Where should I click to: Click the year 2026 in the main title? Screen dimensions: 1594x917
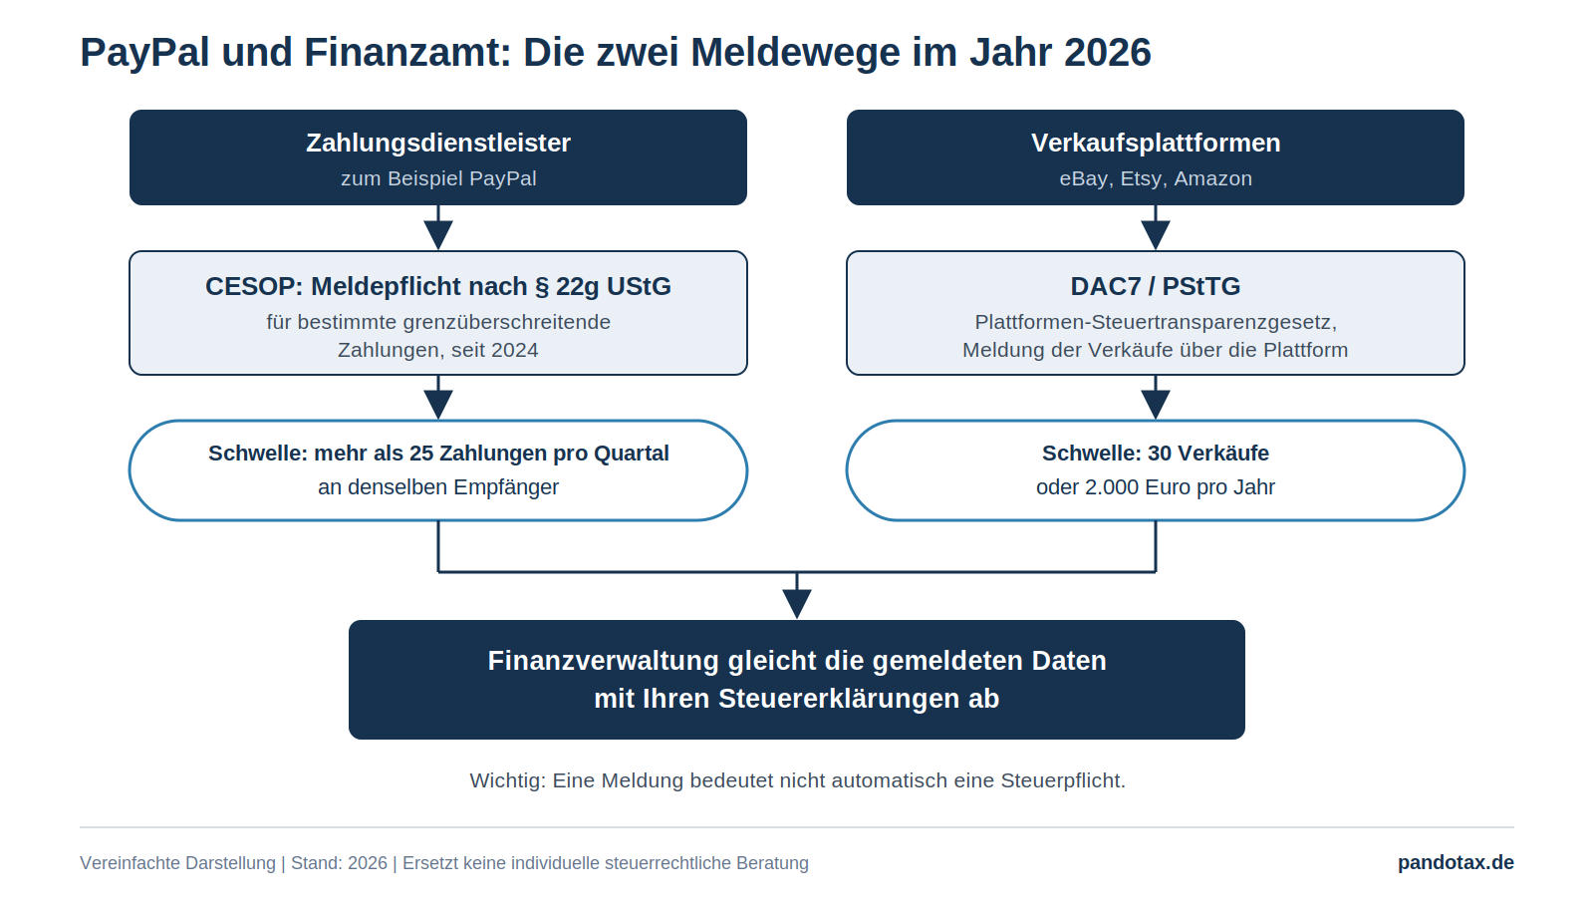1107,53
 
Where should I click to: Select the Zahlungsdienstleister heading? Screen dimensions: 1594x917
438,144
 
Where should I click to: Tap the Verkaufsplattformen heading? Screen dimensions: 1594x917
1156,144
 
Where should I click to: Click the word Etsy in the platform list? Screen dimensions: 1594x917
1141,178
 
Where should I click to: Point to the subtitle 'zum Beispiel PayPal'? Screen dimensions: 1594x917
438,178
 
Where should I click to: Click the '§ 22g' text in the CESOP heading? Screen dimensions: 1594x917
567,286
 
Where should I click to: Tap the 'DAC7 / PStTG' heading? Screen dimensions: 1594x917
1156,286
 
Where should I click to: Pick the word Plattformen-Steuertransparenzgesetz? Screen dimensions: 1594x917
1156,323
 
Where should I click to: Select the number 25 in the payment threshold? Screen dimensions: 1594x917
421,454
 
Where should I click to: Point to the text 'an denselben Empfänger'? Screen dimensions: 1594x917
438,487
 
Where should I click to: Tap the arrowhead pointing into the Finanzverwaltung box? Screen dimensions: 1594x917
797,604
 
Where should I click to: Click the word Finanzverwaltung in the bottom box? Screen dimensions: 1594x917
604,661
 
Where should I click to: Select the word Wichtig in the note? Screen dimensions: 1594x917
508,781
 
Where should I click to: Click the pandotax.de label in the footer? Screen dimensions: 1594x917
1456,863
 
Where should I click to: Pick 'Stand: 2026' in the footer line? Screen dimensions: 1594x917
340,863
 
